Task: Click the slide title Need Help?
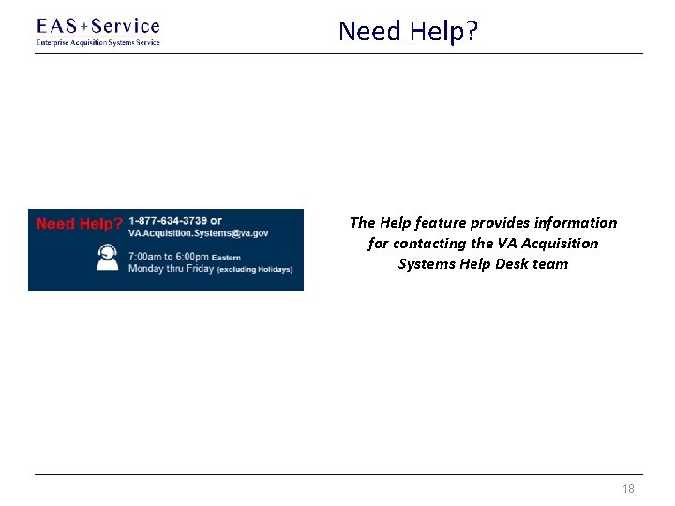coord(408,31)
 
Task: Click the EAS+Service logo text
coord(97,26)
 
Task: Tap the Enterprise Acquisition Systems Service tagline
coord(97,42)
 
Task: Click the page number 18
coord(628,489)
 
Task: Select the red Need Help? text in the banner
coord(80,224)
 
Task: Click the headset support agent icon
coord(108,258)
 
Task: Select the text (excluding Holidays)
coord(255,269)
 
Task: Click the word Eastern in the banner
coord(226,257)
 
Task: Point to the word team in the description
coord(551,264)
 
